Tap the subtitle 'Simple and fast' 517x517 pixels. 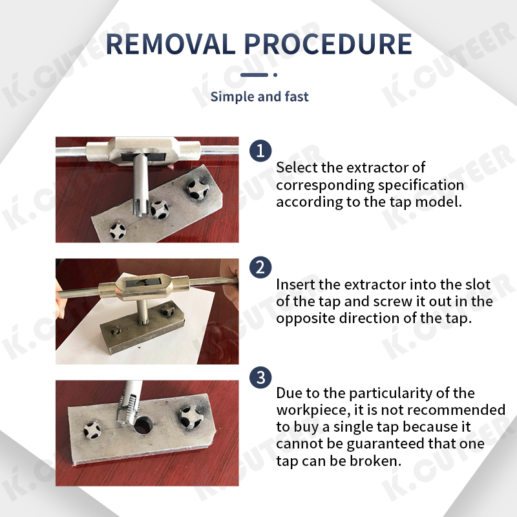(259, 97)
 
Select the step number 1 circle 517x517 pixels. (260, 151)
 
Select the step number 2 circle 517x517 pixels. (260, 268)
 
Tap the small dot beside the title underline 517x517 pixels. (275, 75)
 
